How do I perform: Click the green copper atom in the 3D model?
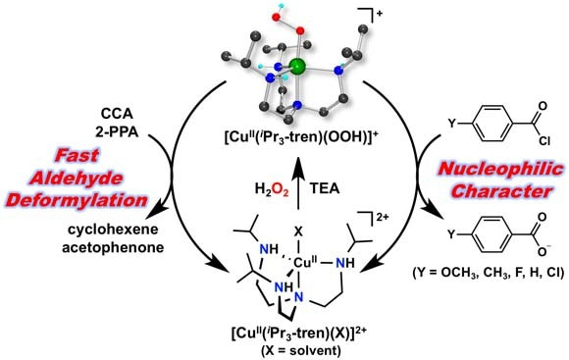click(x=298, y=69)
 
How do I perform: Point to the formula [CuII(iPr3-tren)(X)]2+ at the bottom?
click(x=283, y=334)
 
